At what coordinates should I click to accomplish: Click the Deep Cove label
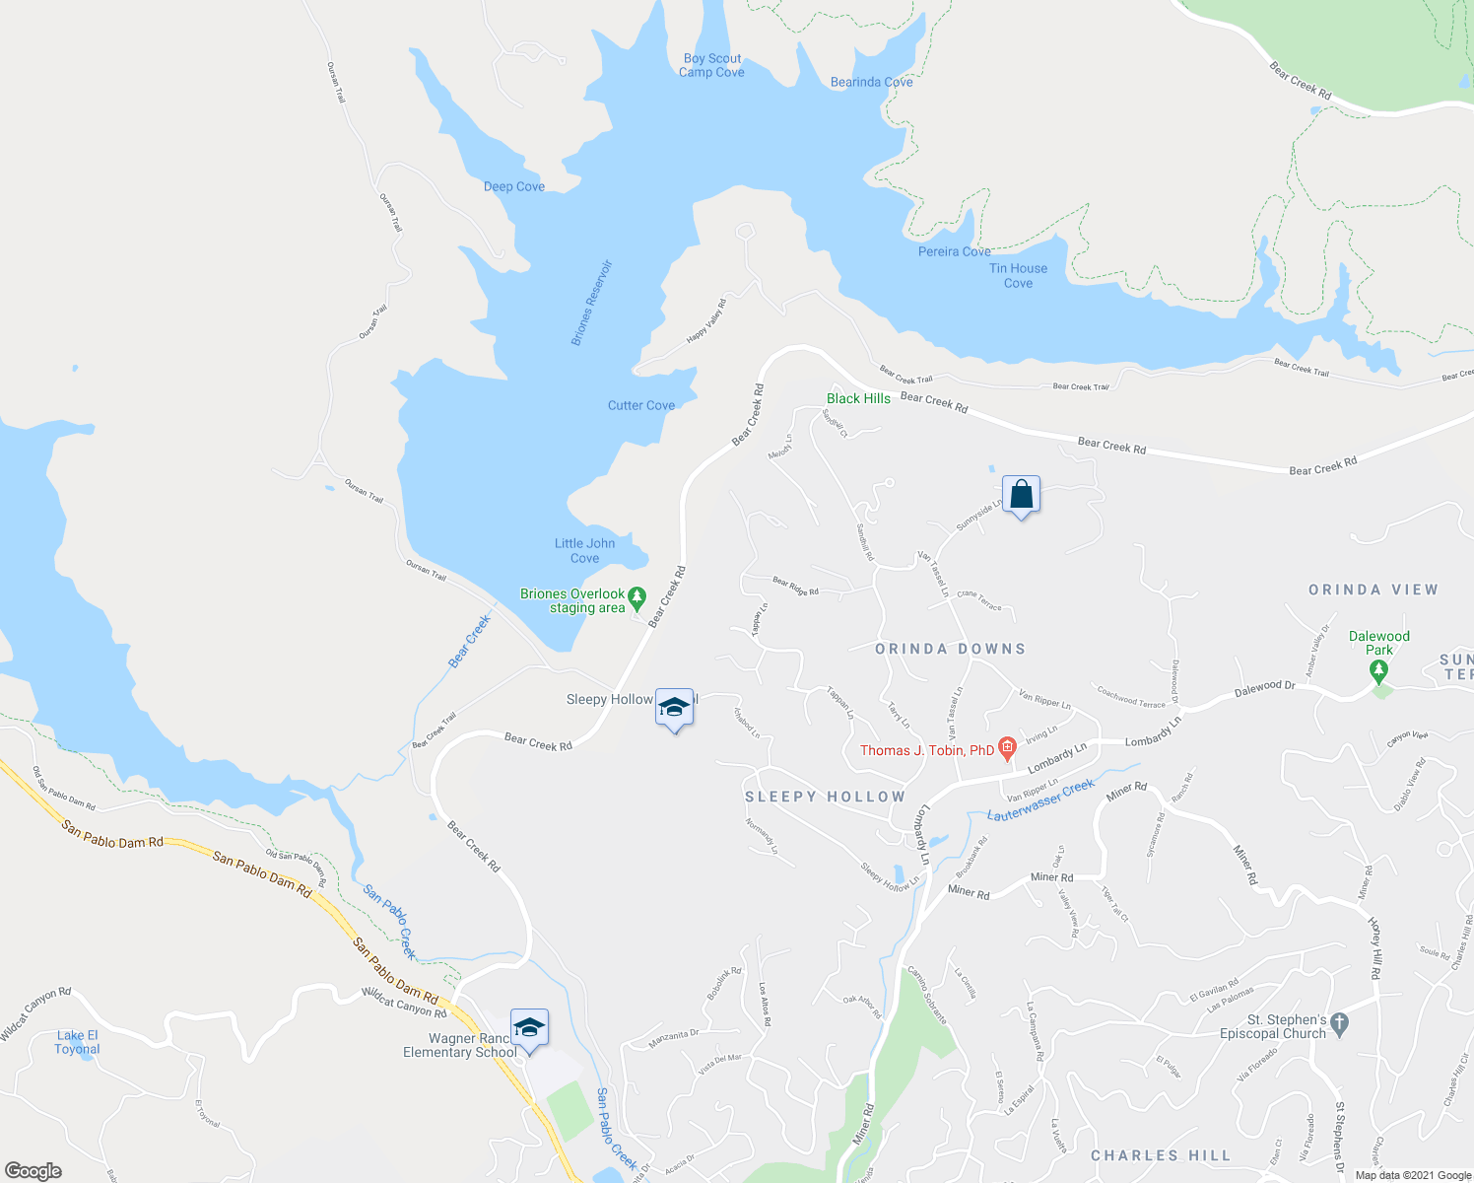click(x=513, y=186)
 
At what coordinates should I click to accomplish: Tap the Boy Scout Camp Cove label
click(x=711, y=65)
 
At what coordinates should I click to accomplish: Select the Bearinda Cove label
click(x=871, y=82)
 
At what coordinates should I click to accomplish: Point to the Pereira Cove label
click(x=954, y=251)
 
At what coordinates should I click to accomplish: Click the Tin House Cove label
click(x=1018, y=275)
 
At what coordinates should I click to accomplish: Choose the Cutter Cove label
click(x=640, y=405)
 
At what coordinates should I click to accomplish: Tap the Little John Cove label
click(x=584, y=550)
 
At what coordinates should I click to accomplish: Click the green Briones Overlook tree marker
click(x=636, y=595)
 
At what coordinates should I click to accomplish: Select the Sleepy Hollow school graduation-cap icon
click(x=675, y=707)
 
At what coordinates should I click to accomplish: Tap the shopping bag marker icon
click(x=1021, y=494)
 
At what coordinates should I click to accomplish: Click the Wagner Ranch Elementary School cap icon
click(x=529, y=1027)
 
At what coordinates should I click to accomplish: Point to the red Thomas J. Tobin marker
click(x=1007, y=748)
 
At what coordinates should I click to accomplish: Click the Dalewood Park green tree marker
click(x=1378, y=670)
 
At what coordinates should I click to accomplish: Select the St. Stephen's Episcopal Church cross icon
click(x=1338, y=1024)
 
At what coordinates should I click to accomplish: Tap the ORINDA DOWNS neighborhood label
click(x=951, y=649)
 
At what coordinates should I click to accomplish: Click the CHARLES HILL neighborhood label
click(x=1161, y=1155)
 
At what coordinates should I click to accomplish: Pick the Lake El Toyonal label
click(x=77, y=1042)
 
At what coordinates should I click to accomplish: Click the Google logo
click(x=33, y=1171)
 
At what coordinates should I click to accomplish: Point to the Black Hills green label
click(x=858, y=398)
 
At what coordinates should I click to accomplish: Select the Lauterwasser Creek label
click(x=1040, y=800)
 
